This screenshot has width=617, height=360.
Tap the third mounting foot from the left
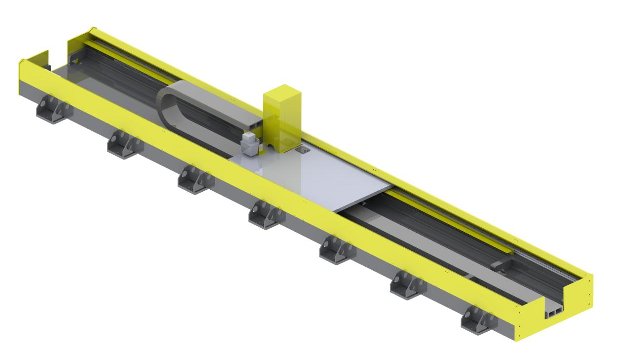coord(194,179)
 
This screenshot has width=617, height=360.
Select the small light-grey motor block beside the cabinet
coord(250,144)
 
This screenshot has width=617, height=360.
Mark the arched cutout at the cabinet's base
coord(270,145)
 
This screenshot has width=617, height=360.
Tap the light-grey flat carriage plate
coord(312,180)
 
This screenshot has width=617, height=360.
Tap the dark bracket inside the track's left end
coord(76,60)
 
